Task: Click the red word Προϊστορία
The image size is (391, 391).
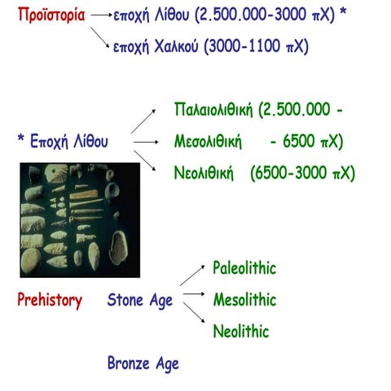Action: tap(51, 15)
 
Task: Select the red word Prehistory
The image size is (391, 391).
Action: tap(50, 301)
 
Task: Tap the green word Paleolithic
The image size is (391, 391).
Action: tap(244, 268)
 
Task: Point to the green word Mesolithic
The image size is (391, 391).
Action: tap(244, 300)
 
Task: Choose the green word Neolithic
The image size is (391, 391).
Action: tap(240, 332)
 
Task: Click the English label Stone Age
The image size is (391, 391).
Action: tap(140, 301)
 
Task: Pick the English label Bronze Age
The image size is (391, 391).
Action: tap(143, 362)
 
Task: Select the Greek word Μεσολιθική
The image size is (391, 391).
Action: tap(209, 142)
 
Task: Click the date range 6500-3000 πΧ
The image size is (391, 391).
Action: tap(303, 173)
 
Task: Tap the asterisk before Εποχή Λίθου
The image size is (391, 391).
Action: tap(20, 139)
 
